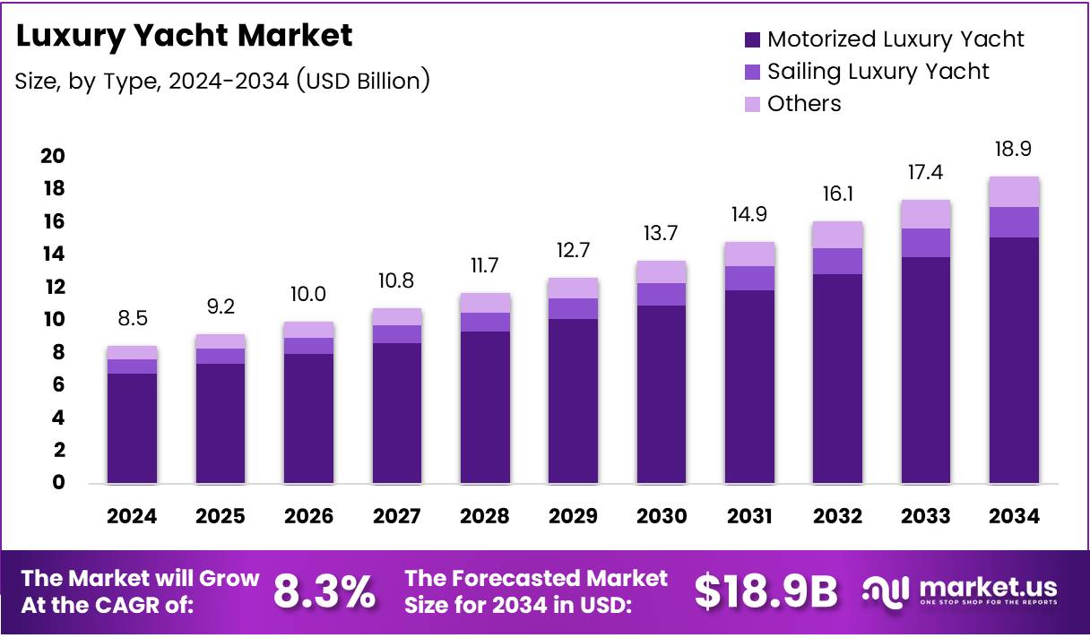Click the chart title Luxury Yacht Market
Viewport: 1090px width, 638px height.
point(184,36)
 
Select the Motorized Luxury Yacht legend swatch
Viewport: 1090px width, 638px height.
point(752,39)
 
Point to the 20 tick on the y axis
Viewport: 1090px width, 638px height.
point(53,156)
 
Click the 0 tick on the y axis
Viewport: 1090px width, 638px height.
point(58,483)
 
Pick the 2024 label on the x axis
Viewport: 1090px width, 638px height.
point(132,516)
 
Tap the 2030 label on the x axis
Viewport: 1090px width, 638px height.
point(662,516)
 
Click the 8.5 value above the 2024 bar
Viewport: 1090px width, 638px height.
point(132,318)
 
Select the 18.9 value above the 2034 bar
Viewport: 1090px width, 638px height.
point(1014,149)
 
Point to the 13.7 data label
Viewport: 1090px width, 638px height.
point(662,234)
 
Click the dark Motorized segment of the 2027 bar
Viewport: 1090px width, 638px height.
point(397,413)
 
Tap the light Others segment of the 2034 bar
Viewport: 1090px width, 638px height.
point(1014,192)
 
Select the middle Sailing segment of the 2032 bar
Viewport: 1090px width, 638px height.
point(838,261)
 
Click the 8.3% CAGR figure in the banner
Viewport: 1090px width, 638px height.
point(324,591)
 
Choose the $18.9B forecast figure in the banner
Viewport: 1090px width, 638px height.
point(766,591)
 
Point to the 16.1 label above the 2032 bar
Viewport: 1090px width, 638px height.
point(838,194)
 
